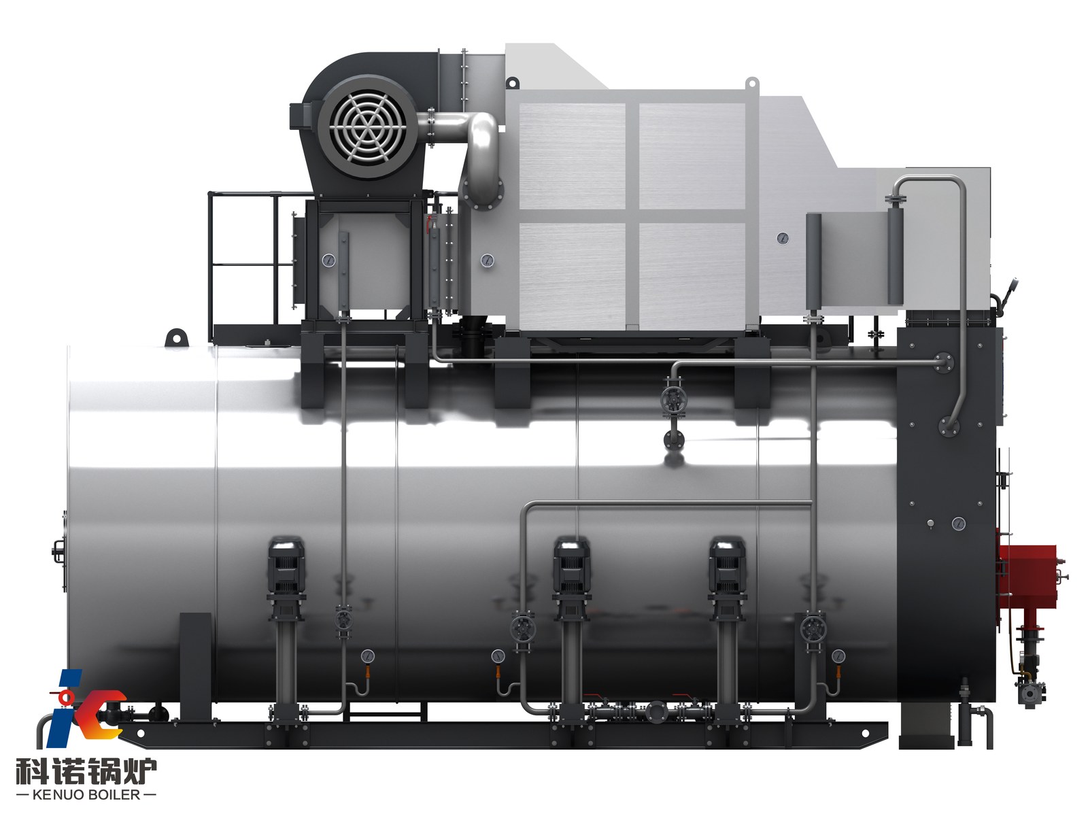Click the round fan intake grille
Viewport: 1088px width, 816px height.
tap(367, 126)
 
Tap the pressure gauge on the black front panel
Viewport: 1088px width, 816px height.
tap(958, 523)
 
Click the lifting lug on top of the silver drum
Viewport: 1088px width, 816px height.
tap(176, 337)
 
